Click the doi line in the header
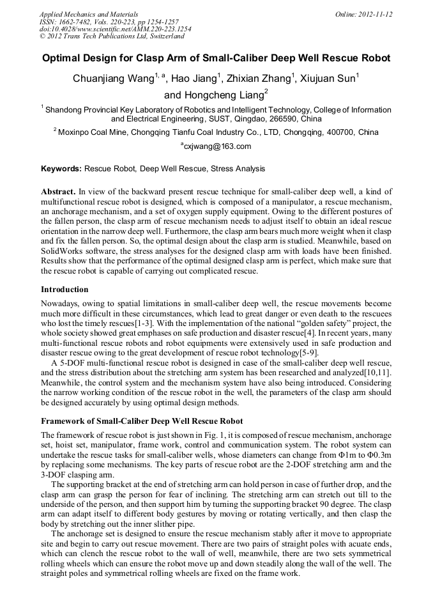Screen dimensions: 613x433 click(115, 29)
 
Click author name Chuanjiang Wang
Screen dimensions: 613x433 click(114, 79)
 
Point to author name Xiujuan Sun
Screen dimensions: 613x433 click(331, 79)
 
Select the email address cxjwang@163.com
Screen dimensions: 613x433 click(218, 146)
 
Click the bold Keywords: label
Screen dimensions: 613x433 click(61, 169)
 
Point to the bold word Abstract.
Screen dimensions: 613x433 click(58, 192)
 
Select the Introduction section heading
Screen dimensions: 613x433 click(65, 290)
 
